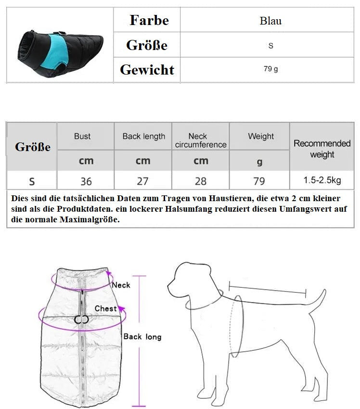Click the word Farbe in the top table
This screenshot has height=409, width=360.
pyautogui.click(x=149, y=20)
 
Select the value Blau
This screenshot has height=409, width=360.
pyautogui.click(x=270, y=21)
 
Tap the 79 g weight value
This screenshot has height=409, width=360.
pyautogui.click(x=270, y=69)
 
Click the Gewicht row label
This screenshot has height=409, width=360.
pyautogui.click(x=147, y=70)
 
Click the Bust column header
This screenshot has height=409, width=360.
pyautogui.click(x=82, y=136)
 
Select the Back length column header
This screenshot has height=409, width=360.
pyautogui.click(x=143, y=136)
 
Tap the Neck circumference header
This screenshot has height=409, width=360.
pyautogui.click(x=201, y=141)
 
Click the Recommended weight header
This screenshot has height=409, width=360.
pyautogui.click(x=322, y=149)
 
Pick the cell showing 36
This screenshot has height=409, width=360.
pyautogui.click(x=86, y=181)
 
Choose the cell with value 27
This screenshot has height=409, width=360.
pyautogui.click(x=143, y=181)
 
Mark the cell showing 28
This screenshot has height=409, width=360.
pyautogui.click(x=201, y=181)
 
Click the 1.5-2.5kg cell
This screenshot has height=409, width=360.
pyautogui.click(x=322, y=181)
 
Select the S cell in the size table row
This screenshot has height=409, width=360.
pyautogui.click(x=32, y=181)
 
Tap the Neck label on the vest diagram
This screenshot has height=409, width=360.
pyautogui.click(x=121, y=285)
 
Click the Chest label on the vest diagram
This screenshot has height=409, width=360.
pyautogui.click(x=105, y=308)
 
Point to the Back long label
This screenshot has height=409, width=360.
pyautogui.click(x=142, y=337)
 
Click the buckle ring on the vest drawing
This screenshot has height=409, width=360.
pyautogui.click(x=82, y=320)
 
